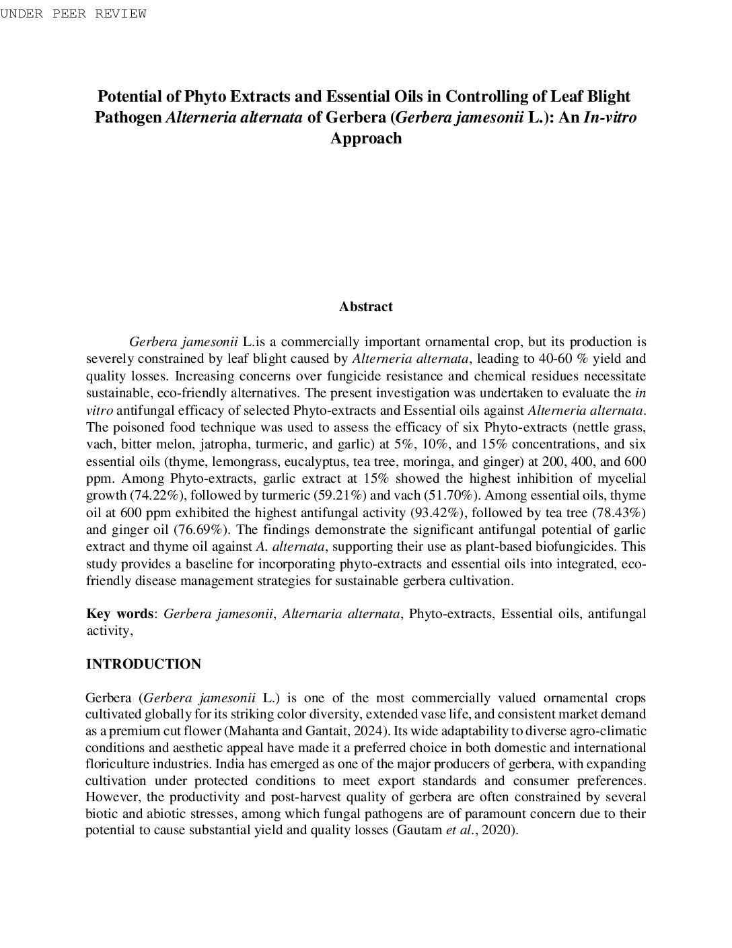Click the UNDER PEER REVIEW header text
coord(73,13)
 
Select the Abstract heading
coord(365,307)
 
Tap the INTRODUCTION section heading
coord(143,665)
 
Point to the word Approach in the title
coord(365,139)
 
